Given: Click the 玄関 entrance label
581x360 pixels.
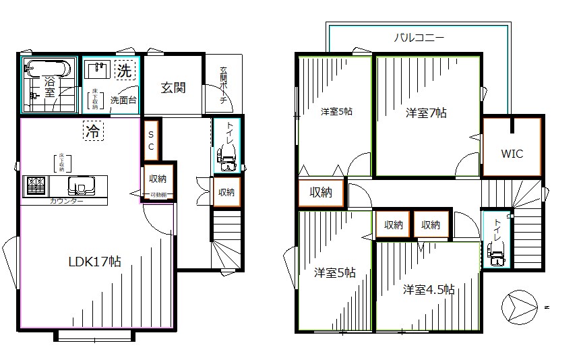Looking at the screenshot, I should click(x=173, y=88).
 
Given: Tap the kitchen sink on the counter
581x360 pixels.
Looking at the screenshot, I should click(x=83, y=185).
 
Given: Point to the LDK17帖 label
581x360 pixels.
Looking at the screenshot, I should click(x=94, y=262).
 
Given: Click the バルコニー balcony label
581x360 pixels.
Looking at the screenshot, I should click(x=419, y=38).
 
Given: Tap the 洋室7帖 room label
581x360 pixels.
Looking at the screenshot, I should click(x=425, y=113).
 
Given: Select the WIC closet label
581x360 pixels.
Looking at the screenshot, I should click(x=512, y=153).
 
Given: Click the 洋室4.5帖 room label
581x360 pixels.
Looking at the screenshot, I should click(x=429, y=290).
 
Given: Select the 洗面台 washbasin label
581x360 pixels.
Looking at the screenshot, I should click(x=123, y=100).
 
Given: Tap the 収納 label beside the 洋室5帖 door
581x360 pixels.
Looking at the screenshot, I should click(x=321, y=193).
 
